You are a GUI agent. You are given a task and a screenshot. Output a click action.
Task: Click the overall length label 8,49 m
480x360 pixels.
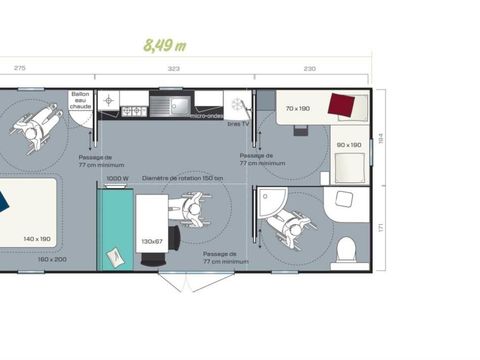pos(165,45)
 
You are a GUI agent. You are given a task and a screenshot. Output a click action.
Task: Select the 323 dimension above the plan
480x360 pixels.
pos(173,69)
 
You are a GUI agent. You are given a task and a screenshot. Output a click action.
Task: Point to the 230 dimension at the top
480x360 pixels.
pos(309,69)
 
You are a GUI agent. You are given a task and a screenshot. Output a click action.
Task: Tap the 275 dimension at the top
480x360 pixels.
pos(19,69)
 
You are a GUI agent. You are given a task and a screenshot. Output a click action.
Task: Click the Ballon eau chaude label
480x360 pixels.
pos(80,100)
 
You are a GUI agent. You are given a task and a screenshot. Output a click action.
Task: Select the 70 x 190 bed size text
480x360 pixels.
pos(298,108)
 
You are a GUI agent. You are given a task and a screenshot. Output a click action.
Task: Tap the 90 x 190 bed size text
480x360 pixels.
pos(349,146)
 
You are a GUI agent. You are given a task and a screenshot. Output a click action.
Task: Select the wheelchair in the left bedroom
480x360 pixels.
pos(30,124)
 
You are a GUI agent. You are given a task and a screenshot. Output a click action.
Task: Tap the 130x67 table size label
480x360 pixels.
pos(152,241)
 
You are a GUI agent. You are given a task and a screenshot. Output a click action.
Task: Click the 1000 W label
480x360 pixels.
pos(117,179)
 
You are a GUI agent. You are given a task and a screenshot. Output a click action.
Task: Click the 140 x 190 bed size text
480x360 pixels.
pos(37,239)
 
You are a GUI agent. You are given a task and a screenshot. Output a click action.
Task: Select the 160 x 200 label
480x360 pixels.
pos(52,259)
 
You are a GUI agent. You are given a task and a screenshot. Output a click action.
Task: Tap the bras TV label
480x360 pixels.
pos(237,123)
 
